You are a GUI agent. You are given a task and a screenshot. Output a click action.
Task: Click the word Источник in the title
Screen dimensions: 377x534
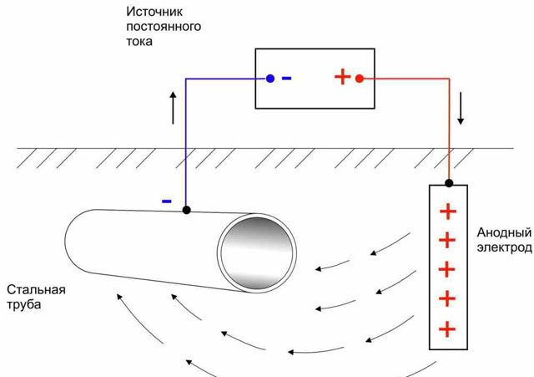point(154,13)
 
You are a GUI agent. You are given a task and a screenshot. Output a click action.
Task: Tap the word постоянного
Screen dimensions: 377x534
point(164,27)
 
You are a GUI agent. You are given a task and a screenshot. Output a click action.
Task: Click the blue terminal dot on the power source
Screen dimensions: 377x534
point(270,79)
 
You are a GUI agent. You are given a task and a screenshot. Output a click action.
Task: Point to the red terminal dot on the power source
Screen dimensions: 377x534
point(360,79)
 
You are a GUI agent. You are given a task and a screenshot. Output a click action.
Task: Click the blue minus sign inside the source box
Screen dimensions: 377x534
point(287,79)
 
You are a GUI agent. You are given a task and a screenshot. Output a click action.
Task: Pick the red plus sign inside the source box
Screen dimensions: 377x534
point(341,78)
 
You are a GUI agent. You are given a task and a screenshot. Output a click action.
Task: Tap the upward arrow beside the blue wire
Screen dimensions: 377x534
point(174,107)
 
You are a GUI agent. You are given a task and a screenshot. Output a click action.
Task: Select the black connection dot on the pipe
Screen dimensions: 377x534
point(186,210)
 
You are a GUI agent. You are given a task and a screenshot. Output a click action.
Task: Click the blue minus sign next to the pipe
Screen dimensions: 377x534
point(167,201)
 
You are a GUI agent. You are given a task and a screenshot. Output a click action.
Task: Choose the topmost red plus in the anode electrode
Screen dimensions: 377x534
point(448,211)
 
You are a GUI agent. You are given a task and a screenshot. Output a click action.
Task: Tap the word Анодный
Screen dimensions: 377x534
point(502,232)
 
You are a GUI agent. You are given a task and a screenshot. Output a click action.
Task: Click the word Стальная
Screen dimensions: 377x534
point(35,291)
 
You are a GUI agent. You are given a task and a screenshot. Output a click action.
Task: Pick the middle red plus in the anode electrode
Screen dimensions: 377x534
point(448,269)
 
